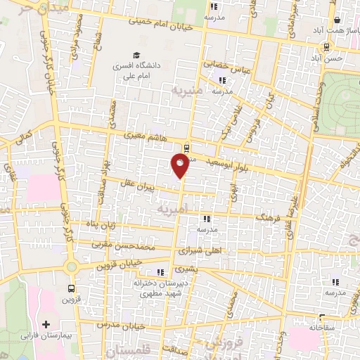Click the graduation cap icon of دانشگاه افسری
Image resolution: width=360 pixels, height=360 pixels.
tap(136, 55)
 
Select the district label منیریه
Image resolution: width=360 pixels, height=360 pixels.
tap(189, 91)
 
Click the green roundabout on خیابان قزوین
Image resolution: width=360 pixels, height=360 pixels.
tap(70, 266)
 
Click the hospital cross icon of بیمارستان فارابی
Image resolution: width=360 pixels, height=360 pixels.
tap(46, 325)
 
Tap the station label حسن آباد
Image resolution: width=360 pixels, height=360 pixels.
tap(330, 58)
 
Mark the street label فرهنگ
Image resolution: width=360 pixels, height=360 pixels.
tap(268, 219)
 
